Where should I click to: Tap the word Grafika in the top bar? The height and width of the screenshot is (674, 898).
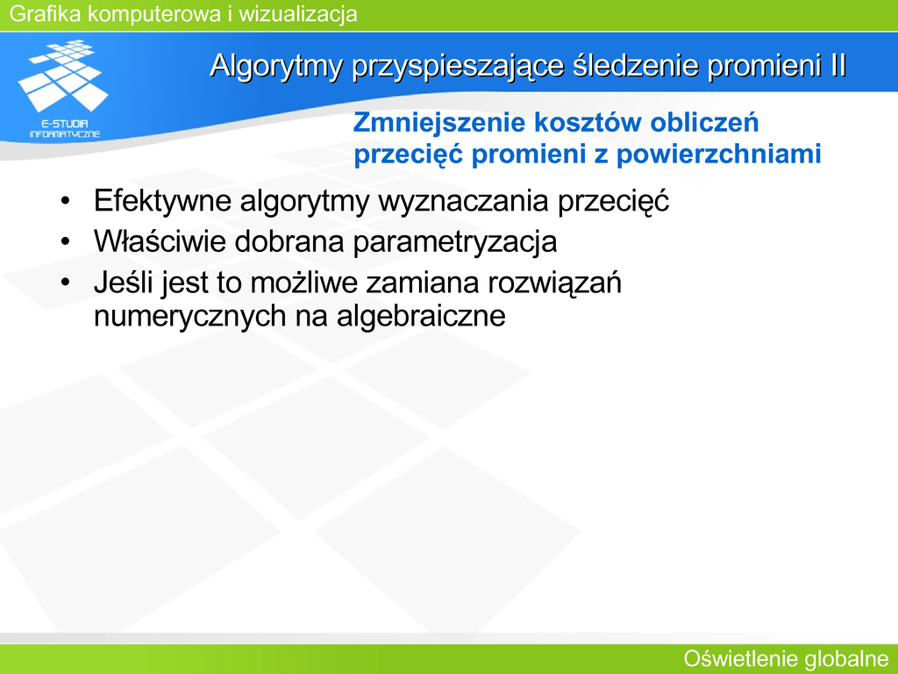[46, 14]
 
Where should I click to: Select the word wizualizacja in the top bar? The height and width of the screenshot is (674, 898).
[298, 14]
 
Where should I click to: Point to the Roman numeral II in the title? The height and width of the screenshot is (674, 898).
[837, 65]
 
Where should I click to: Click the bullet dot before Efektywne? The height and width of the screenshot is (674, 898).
[65, 202]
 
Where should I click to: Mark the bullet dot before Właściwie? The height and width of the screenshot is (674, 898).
[65, 242]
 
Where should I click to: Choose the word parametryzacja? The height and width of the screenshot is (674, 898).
[455, 242]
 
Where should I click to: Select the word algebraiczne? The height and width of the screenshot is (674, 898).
[421, 316]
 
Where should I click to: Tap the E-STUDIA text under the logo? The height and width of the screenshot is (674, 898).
[65, 124]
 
